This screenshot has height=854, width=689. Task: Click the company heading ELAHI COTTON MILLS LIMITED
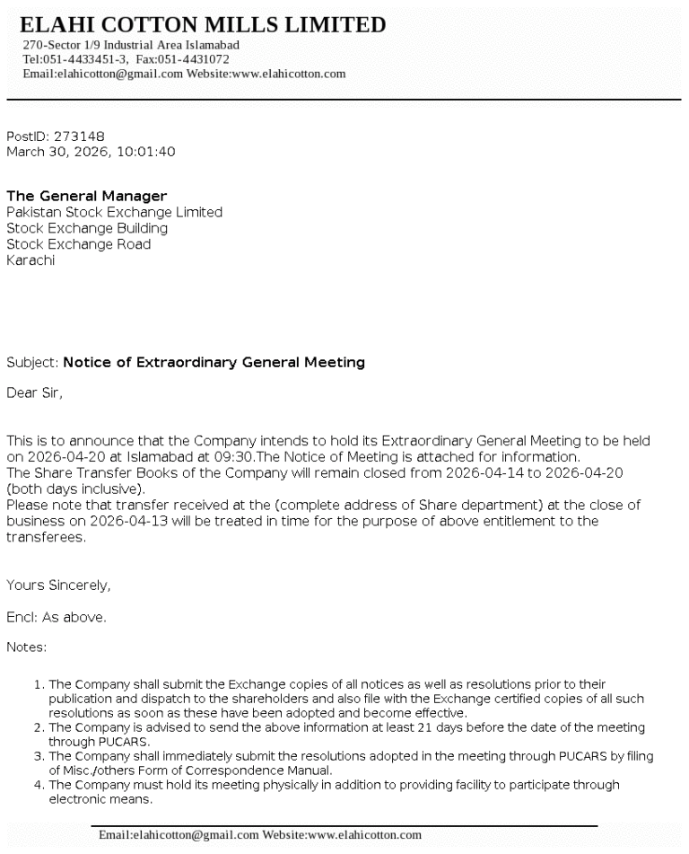click(203, 25)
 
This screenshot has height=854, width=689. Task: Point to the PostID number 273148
click(79, 136)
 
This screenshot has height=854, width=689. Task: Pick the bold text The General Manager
click(86, 196)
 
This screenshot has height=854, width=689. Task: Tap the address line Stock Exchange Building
click(87, 228)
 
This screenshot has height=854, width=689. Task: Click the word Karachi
click(31, 260)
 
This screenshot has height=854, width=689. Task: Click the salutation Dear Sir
click(35, 392)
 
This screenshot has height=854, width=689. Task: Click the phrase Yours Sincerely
click(58, 585)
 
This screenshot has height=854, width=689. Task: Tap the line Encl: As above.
click(57, 617)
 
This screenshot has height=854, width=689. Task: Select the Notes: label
click(27, 647)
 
